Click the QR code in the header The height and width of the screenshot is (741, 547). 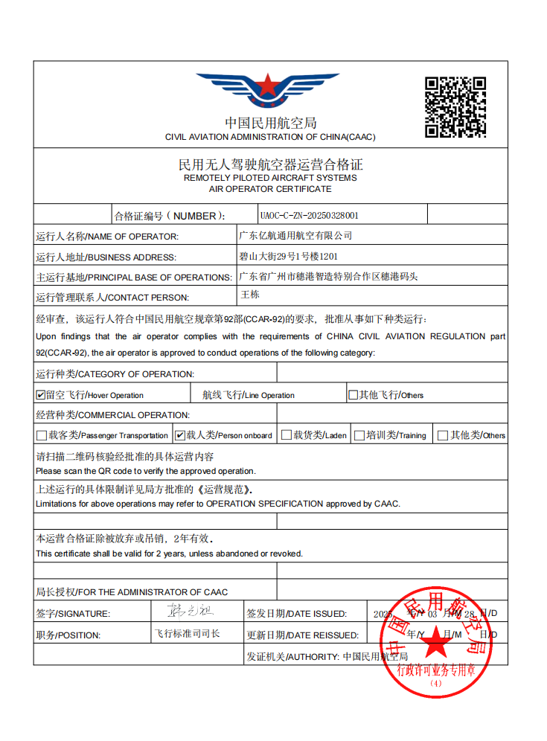coord(455,106)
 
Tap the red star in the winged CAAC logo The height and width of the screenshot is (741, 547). coord(266,85)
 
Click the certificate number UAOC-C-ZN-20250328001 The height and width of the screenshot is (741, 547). coord(309,215)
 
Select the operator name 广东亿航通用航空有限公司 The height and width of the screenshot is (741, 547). coord(295,236)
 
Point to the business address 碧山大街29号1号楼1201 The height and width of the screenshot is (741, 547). coord(288,256)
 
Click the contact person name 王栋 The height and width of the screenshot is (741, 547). coord(250,295)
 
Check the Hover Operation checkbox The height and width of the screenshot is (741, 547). coord(41,395)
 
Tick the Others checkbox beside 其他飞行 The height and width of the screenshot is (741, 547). coord(354,395)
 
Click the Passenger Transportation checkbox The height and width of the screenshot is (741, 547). coord(42,435)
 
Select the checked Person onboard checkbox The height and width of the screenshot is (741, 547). coord(180,435)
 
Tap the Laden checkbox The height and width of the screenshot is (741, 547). coord(286,435)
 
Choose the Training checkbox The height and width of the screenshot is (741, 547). coord(359,435)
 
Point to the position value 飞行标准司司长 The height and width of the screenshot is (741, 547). coord(187,634)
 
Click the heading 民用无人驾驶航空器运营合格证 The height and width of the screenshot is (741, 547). coord(270,164)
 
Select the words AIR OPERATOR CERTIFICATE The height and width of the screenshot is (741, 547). coord(270,189)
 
